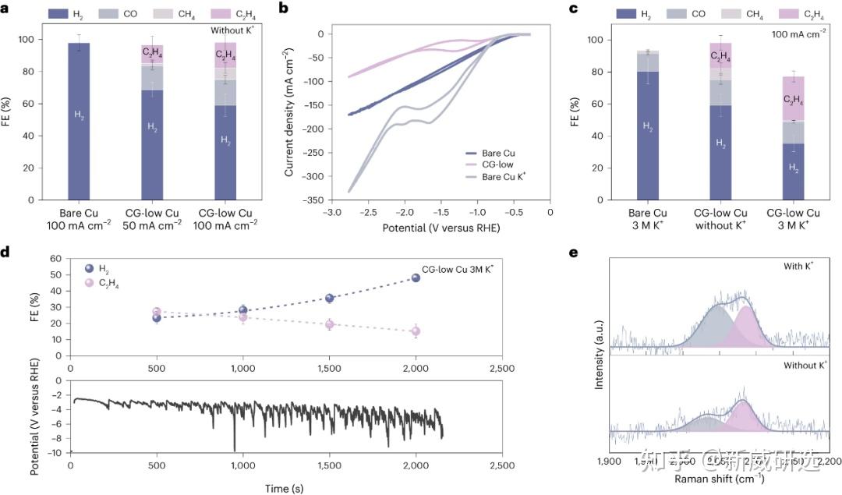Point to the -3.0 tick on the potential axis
point(331,212)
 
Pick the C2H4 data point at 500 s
point(157,313)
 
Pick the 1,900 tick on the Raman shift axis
point(608,462)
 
